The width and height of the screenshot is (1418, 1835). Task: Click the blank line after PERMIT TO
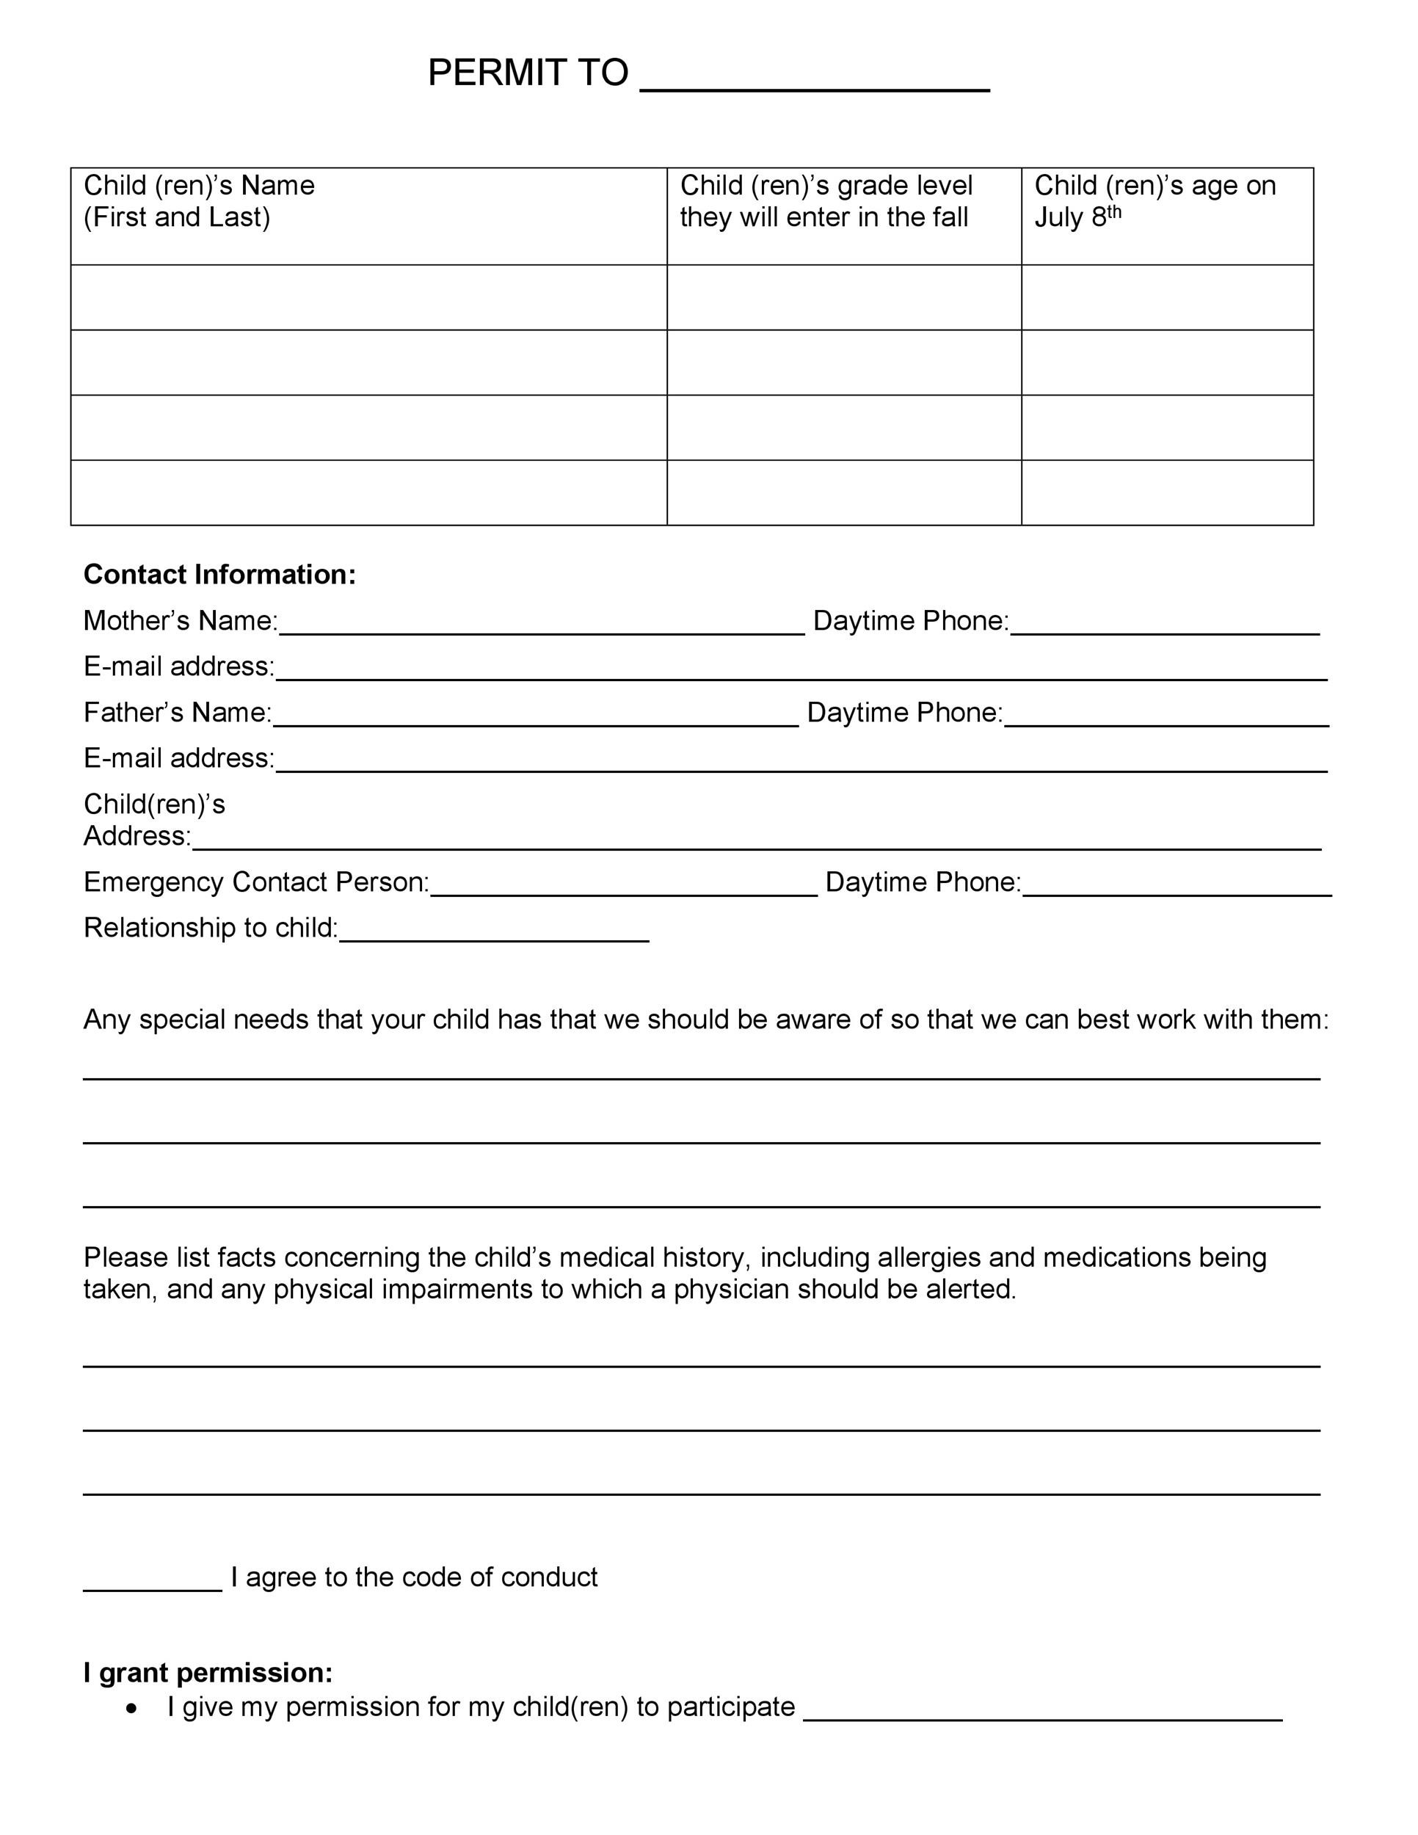point(814,84)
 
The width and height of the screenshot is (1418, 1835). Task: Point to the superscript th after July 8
point(1113,211)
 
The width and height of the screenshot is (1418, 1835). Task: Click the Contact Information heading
point(219,575)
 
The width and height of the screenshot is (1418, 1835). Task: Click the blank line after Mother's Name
point(541,628)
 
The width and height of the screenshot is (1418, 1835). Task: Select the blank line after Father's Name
point(535,719)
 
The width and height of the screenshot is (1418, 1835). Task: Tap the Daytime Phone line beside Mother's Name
point(1164,628)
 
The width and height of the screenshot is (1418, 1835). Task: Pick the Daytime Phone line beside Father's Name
point(1166,719)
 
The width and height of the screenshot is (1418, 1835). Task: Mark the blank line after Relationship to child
point(494,935)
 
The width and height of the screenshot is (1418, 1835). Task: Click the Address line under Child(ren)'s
point(756,843)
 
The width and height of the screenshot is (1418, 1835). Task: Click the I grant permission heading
point(208,1673)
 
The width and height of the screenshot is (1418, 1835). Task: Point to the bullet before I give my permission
point(131,1708)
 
